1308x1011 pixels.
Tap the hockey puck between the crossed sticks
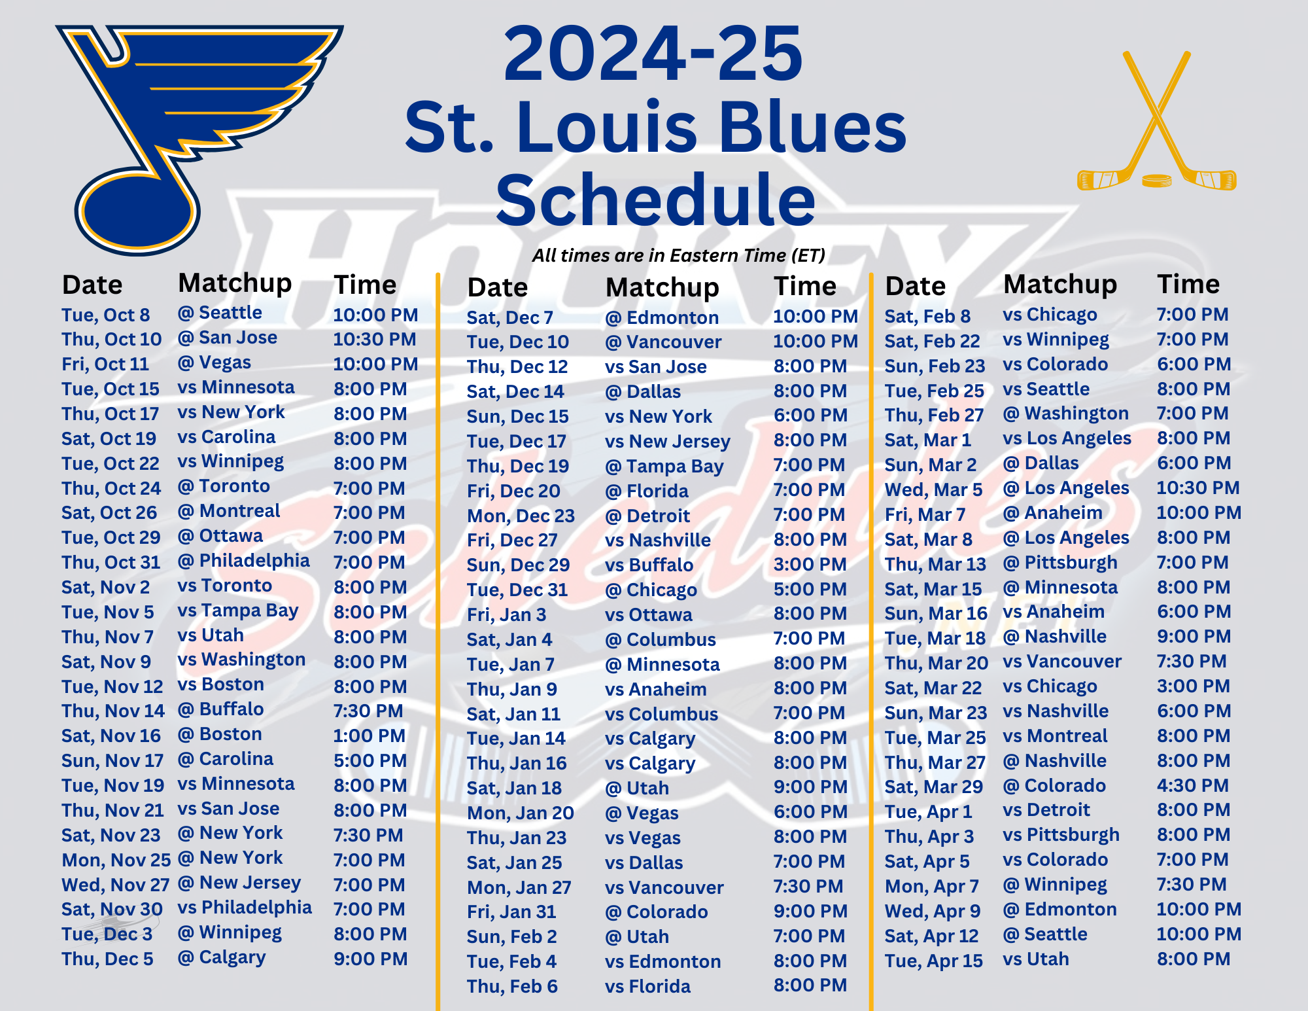pos(1156,180)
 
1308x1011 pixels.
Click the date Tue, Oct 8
pos(106,315)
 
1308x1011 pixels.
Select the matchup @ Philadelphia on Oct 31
pos(244,561)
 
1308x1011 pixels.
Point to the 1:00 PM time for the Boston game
pos(370,736)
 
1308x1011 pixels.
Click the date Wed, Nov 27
pos(116,885)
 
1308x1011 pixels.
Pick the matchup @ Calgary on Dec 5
pos(222,957)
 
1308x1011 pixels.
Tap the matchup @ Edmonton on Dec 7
pos(662,317)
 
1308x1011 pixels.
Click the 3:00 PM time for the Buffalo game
pos(810,564)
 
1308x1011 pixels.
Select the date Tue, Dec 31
pos(517,590)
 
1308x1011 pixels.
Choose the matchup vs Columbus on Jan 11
pos(662,714)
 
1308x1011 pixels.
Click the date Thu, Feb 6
pos(512,986)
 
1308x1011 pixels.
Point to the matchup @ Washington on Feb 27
pos(1066,414)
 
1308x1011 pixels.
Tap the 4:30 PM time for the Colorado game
pos(1193,785)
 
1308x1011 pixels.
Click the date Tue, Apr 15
pos(934,961)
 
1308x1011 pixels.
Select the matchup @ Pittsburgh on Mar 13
pos(1060,563)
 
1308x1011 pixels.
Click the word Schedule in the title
pos(655,200)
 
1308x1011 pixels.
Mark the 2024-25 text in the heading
pos(653,54)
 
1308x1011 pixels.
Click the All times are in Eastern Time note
pos(678,255)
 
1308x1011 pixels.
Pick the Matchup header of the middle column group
pos(662,287)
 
